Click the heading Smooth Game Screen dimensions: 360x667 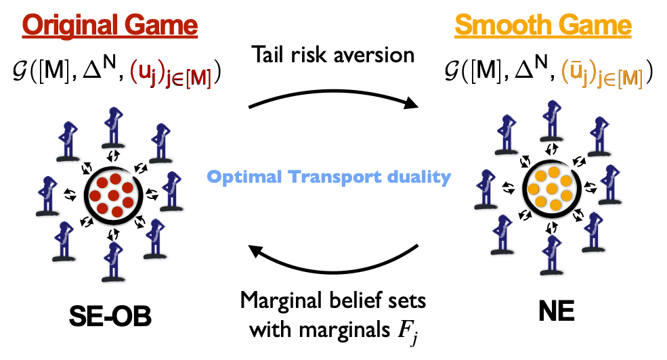[x=543, y=26]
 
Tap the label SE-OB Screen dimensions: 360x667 [x=112, y=316]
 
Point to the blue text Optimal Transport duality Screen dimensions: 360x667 [x=328, y=178]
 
